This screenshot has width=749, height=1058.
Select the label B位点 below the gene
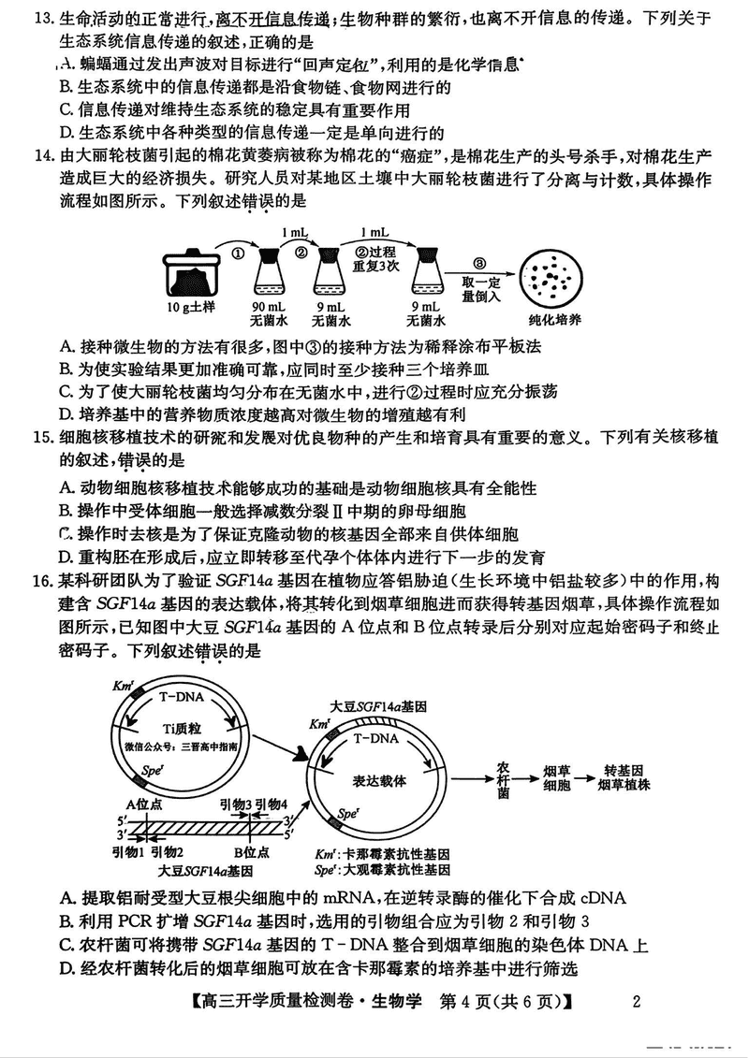pos(252,852)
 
